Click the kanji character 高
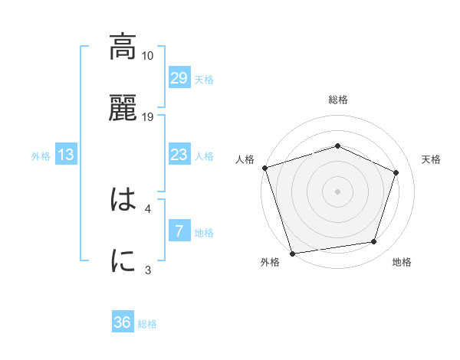coord(123,47)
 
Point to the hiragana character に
coord(123,260)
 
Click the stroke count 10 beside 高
coord(148,56)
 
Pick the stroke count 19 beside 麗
coord(148,116)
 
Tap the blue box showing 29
coord(179,77)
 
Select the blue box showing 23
coord(179,155)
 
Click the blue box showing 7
coord(179,231)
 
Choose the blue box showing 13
coord(66,155)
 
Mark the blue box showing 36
coord(123,322)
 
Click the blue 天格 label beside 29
coord(204,79)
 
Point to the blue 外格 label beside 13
coord(41,156)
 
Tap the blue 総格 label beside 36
coord(147,324)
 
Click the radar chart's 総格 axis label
coord(338,100)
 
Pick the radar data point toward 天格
coord(396,172)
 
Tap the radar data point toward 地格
coord(374,242)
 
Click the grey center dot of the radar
coord(338,191)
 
